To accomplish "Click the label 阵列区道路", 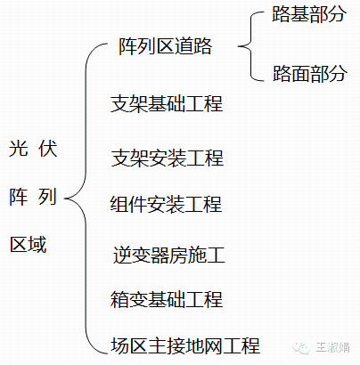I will click(165, 47).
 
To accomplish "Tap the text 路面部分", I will click(309, 73).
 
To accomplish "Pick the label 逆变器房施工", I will click(169, 256).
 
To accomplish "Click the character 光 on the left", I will click(18, 149).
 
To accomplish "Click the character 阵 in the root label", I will click(18, 197).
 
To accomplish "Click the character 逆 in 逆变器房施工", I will click(123, 256).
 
